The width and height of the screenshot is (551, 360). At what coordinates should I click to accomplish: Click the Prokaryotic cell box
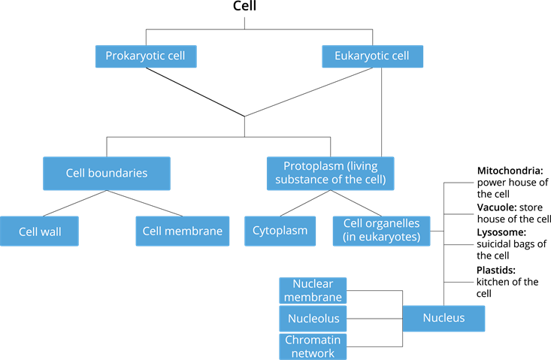pyautogui.click(x=145, y=56)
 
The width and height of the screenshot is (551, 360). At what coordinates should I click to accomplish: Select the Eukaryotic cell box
pyautogui.click(x=372, y=56)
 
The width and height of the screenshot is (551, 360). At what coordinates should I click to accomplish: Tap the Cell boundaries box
pyautogui.click(x=107, y=173)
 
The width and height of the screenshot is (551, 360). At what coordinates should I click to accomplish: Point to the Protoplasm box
pyautogui.click(x=330, y=173)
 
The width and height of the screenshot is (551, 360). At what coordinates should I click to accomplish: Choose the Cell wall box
pyautogui.click(x=40, y=231)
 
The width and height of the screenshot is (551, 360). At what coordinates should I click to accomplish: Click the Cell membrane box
pyautogui.click(x=183, y=231)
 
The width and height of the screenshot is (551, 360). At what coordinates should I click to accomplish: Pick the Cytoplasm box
pyautogui.click(x=280, y=231)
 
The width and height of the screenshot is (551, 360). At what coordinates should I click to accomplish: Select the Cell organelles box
pyautogui.click(x=382, y=231)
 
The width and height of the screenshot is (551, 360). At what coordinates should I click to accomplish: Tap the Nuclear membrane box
pyautogui.click(x=313, y=291)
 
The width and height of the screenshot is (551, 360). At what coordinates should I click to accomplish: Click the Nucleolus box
pyautogui.click(x=313, y=319)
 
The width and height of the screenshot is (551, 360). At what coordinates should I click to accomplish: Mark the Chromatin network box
pyautogui.click(x=313, y=346)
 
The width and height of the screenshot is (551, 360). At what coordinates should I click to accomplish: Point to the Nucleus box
pyautogui.click(x=444, y=318)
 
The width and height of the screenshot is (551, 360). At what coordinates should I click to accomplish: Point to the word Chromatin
pyautogui.click(x=313, y=340)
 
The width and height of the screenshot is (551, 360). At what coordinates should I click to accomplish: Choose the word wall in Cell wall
pyautogui.click(x=50, y=231)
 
